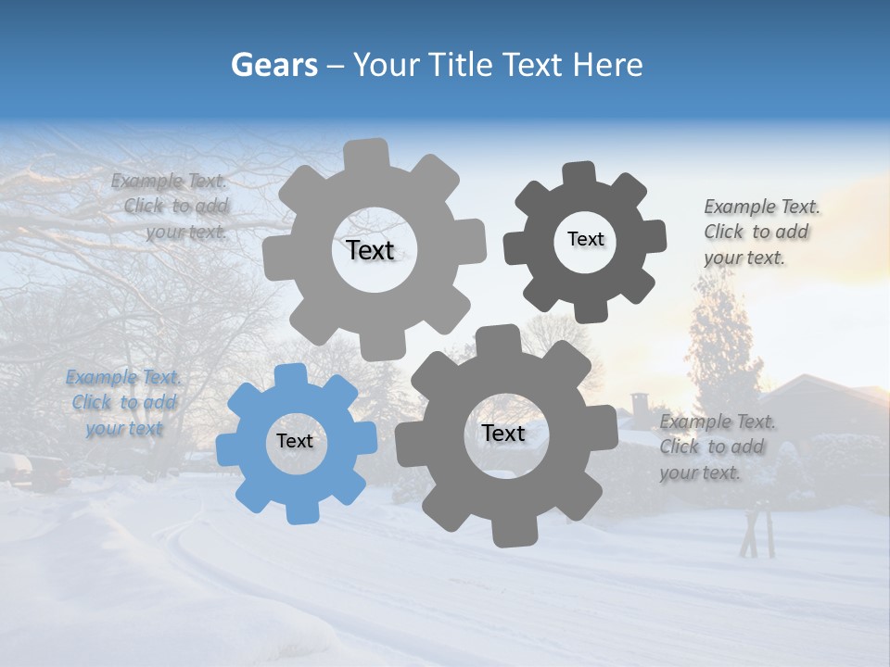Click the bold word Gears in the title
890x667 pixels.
click(x=273, y=65)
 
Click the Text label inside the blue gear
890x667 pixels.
click(x=295, y=441)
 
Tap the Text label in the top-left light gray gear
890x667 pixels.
click(x=370, y=250)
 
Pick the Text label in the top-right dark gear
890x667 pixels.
click(x=585, y=239)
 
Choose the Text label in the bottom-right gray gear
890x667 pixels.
click(x=502, y=433)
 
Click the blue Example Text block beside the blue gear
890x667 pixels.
click(x=124, y=403)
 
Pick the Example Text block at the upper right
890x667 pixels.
click(x=760, y=232)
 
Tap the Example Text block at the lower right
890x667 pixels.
click(x=716, y=447)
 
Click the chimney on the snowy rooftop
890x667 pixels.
click(x=641, y=405)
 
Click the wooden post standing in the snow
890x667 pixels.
click(x=759, y=531)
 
